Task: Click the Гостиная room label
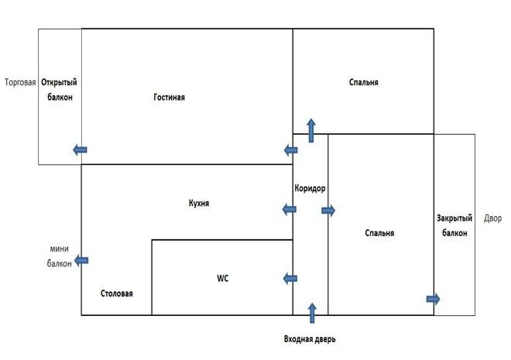tap(169, 97)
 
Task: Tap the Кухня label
tap(199, 204)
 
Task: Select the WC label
tap(222, 279)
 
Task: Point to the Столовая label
tap(117, 293)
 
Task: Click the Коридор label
tap(310, 188)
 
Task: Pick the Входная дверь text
tap(310, 339)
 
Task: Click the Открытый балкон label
tap(60, 90)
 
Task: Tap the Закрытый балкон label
tap(454, 225)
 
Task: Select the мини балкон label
tap(60, 256)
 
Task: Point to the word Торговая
tap(20, 82)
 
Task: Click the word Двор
tap(492, 218)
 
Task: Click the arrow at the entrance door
tap(312, 313)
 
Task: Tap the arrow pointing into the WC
tap(290, 279)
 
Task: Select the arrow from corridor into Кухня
tap(289, 209)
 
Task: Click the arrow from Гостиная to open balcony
tap(80, 150)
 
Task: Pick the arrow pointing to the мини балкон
tap(81, 261)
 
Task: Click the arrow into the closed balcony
tap(433, 299)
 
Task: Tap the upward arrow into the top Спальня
tap(311, 131)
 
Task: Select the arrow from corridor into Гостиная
tap(290, 150)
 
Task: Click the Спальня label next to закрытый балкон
tap(379, 233)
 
